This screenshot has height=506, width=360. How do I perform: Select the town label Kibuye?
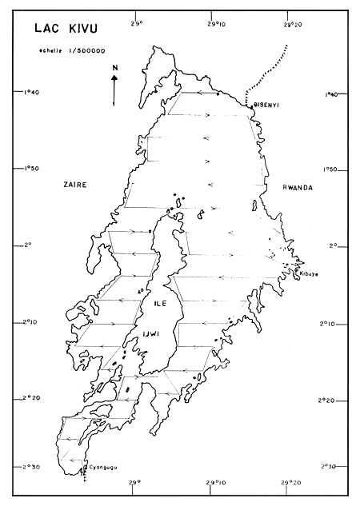[x=309, y=273]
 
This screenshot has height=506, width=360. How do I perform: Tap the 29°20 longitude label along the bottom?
[x=290, y=482]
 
